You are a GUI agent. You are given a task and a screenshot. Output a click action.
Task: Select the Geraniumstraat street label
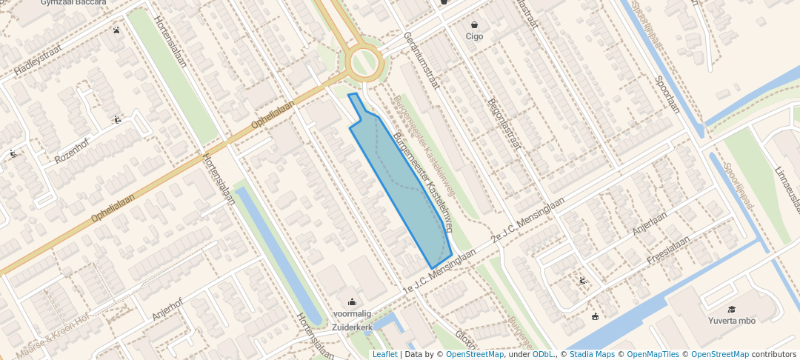[x=421, y=60]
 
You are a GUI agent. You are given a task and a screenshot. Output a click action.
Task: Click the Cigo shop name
[x=474, y=36]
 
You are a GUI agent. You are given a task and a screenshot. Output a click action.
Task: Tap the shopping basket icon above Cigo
[x=474, y=24]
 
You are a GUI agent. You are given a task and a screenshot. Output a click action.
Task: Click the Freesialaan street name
[x=668, y=250]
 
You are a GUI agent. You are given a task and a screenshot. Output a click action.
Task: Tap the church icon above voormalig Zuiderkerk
[x=352, y=301]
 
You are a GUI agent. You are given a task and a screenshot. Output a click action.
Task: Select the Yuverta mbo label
[x=731, y=321]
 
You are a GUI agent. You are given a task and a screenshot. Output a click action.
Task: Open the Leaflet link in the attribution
[x=384, y=354]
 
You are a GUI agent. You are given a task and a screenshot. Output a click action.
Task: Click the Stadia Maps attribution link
[x=592, y=354]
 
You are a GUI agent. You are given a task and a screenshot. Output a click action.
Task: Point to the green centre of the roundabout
[x=364, y=62]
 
